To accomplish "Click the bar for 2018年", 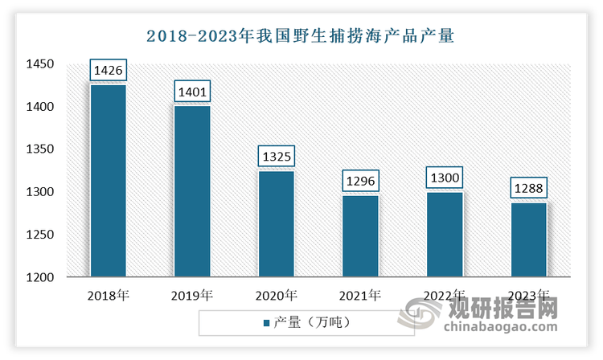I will click(x=108, y=181).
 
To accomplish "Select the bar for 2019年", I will click(x=192, y=191).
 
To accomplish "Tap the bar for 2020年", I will click(x=276, y=223).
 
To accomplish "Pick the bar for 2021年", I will click(x=360, y=236).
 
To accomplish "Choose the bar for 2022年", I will click(x=444, y=235).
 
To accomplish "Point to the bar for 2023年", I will click(x=528, y=239).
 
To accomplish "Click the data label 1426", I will click(x=109, y=72).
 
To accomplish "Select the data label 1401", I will click(x=192, y=92).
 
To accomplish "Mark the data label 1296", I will click(x=360, y=182).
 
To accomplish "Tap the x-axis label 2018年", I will click(x=108, y=295).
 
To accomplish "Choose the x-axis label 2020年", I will click(x=276, y=295).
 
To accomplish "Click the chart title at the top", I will click(x=301, y=35).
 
